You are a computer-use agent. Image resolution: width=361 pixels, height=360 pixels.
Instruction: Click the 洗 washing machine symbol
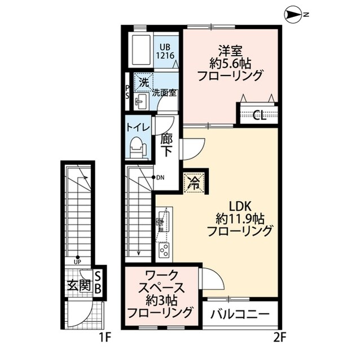tap(144, 82)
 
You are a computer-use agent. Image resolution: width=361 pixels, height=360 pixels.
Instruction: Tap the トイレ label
tap(138, 128)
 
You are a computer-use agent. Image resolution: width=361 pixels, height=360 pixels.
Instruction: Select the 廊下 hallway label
tap(166, 145)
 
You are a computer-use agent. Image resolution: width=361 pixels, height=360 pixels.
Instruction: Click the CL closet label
tap(260, 116)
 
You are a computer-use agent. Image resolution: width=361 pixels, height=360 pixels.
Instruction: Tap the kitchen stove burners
tap(164, 249)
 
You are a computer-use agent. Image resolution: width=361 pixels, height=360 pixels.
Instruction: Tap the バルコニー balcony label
tap(242, 314)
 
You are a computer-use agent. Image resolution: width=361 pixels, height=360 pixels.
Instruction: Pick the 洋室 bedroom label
tap(230, 48)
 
